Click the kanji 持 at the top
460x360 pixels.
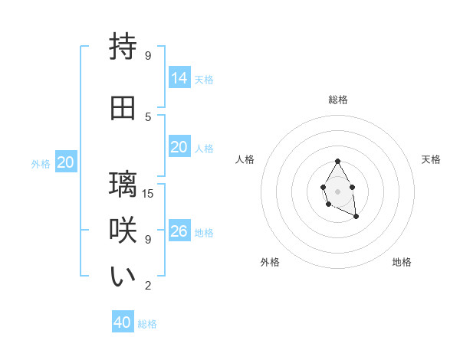pos(123,47)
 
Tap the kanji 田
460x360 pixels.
pos(123,108)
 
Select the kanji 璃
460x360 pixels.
pos(123,185)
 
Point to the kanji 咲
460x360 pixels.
pos(123,231)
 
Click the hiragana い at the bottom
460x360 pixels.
pos(123,277)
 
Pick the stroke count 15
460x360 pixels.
pos(149,193)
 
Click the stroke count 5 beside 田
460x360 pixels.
pos(148,116)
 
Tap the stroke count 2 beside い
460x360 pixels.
pos(148,286)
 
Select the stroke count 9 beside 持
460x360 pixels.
pos(148,55)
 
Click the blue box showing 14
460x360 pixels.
pos(179,78)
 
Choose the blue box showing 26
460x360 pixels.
pos(179,231)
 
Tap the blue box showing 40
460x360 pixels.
pos(123,322)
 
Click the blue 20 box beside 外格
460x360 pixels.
pos(66,162)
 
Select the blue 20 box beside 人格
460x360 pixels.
pos(179,147)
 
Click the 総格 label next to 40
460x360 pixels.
pos(147,324)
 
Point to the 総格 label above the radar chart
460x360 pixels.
pos(337,100)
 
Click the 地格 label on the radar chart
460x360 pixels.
pos(402,262)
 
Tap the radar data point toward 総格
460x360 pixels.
pos(337,162)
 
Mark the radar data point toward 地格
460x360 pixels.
pos(356,217)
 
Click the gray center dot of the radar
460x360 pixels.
pos(337,191)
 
